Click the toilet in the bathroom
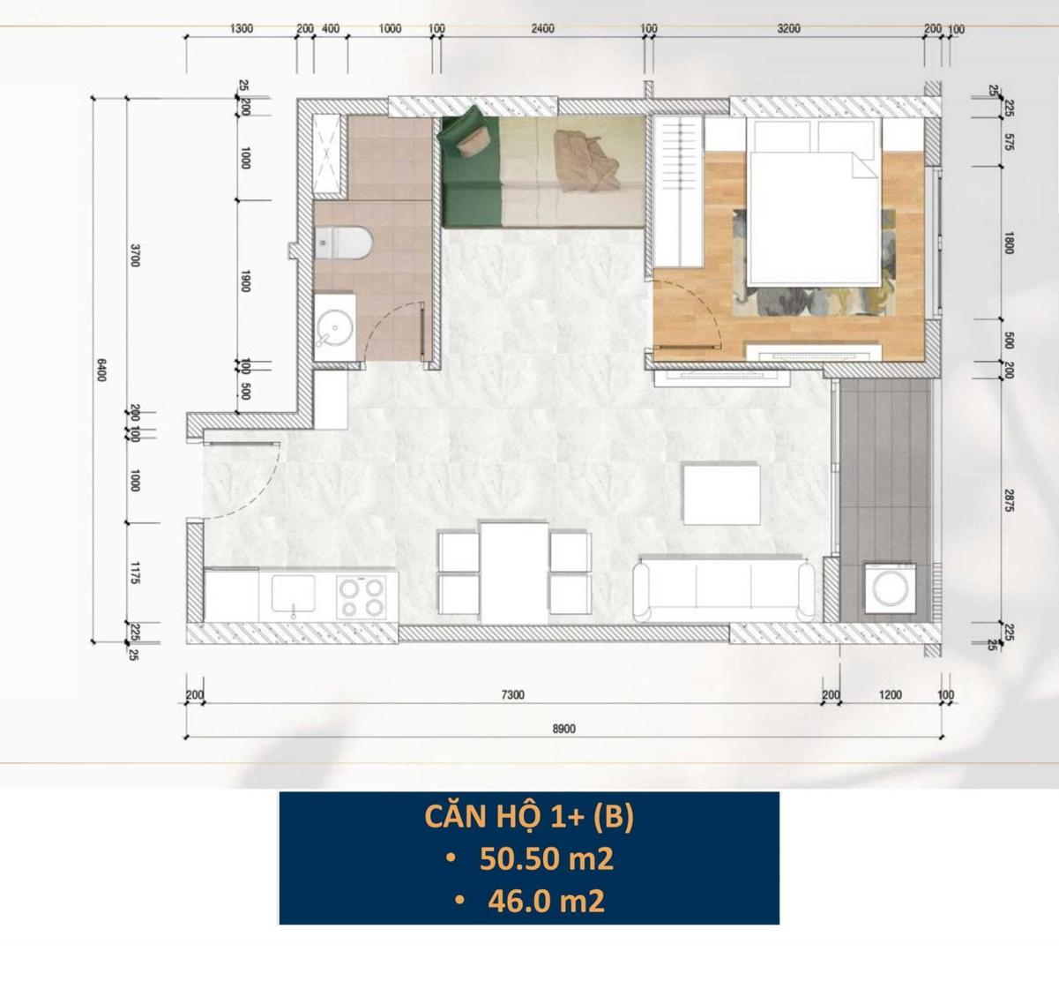click(344, 243)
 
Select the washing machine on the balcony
click(890, 588)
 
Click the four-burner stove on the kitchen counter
click(362, 597)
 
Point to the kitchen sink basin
click(293, 593)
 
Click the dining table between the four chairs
click(514, 573)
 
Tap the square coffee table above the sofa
click(722, 494)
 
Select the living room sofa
click(724, 588)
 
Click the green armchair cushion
click(472, 142)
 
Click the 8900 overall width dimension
click(563, 729)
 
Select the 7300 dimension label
click(512, 695)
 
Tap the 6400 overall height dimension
click(101, 370)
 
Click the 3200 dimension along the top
click(788, 29)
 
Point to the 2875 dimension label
click(1008, 500)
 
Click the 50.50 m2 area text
click(547, 859)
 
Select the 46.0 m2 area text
click(546, 902)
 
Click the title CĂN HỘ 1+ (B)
click(529, 817)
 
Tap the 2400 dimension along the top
click(542, 29)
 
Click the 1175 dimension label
click(135, 573)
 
